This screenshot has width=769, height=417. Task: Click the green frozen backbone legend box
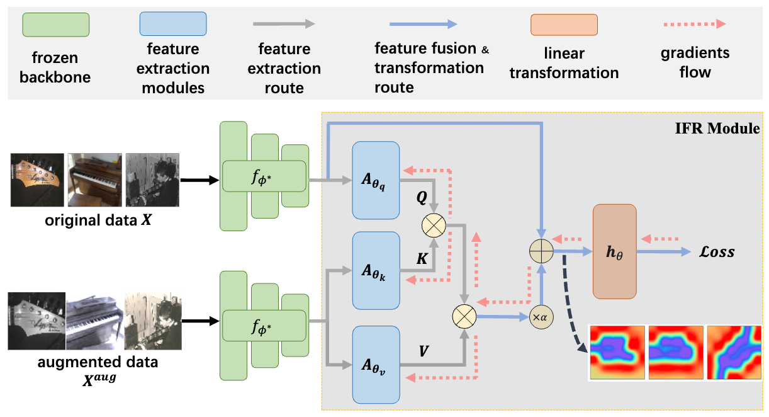[x=56, y=25]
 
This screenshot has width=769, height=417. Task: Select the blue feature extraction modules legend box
[x=173, y=25]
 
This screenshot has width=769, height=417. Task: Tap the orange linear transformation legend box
[x=564, y=25]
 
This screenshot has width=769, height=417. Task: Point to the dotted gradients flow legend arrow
[x=695, y=25]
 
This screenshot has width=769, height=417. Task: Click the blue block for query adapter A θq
[x=376, y=181]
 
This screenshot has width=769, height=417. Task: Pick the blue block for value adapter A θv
[x=376, y=363]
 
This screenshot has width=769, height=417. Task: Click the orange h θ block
[x=614, y=251]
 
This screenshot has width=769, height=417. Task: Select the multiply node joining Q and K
[x=434, y=224]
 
